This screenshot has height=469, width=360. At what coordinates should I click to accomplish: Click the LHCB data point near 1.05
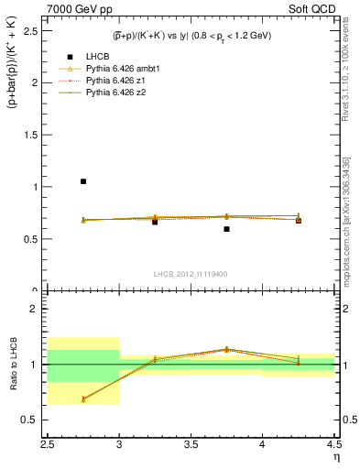click(83, 181)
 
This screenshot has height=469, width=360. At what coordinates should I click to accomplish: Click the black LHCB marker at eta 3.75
click(226, 229)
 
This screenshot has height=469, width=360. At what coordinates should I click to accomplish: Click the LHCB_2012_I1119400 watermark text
click(191, 274)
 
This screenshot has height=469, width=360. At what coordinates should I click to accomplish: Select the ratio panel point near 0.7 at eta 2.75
click(83, 398)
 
